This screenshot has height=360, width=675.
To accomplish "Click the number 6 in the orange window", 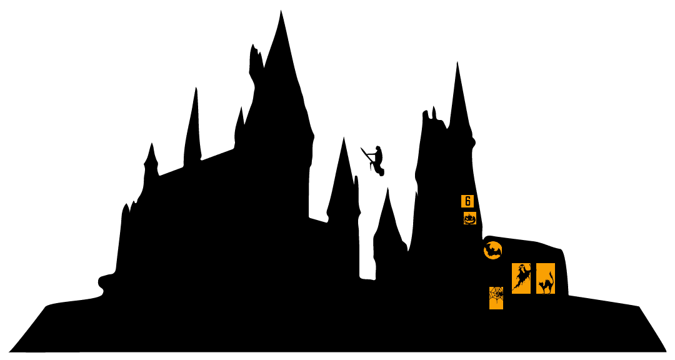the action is [x=467, y=201].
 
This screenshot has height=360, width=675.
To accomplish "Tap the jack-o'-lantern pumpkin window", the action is [x=469, y=218].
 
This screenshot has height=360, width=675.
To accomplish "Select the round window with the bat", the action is [x=493, y=251].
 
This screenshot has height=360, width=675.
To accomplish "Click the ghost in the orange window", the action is [x=521, y=277].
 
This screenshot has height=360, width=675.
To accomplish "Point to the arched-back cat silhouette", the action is [x=546, y=284].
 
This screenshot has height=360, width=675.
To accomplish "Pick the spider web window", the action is [x=496, y=298].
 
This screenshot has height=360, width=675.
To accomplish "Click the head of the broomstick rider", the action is [x=378, y=149].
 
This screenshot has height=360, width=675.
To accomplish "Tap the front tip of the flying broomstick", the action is [x=361, y=147].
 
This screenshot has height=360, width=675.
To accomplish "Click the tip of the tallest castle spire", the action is [x=281, y=11].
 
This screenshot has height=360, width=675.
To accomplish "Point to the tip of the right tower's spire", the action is [x=457, y=62].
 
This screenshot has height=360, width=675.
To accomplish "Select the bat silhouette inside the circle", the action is [x=493, y=250].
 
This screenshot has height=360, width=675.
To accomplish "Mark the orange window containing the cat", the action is [x=546, y=278].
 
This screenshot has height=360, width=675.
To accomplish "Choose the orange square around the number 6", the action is [x=467, y=201].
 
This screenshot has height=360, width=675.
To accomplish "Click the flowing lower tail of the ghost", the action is [x=516, y=285].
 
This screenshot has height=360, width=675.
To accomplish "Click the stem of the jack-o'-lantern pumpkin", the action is [x=469, y=214].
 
